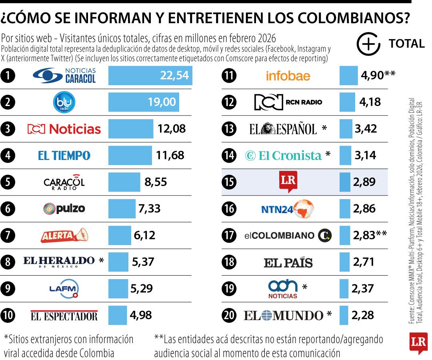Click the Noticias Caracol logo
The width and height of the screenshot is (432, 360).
64,75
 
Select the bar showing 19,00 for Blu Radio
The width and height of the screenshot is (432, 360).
144,102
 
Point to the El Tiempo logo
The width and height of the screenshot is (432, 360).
64,156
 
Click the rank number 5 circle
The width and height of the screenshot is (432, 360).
8,182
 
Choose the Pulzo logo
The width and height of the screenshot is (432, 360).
64,208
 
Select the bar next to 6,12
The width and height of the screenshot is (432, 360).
120,235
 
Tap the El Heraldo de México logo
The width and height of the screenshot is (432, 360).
59,262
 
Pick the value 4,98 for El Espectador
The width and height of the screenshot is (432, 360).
141,315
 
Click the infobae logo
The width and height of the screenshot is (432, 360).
288,76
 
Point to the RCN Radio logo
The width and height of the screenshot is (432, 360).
288,102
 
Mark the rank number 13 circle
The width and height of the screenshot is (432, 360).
229,129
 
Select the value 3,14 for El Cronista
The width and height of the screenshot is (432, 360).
365,155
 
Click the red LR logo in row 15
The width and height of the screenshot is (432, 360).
288,182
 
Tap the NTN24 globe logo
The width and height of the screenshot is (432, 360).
288,209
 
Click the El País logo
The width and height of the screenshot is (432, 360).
288,262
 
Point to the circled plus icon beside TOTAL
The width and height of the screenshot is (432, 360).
368,44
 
